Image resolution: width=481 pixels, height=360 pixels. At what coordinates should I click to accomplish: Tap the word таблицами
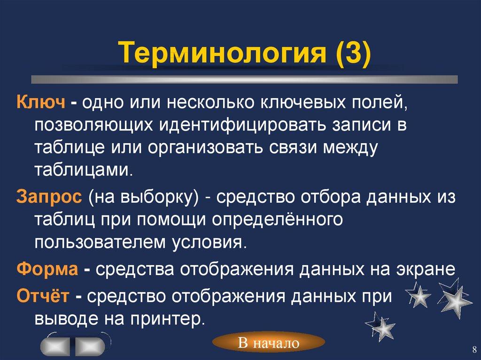tap(84, 169)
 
